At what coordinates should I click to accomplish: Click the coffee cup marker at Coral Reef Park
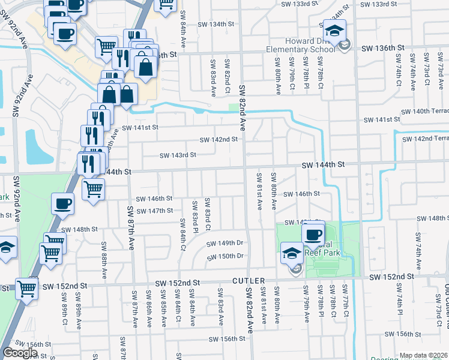[313, 234]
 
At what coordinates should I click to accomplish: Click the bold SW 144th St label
[323, 164]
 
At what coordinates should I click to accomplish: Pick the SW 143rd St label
[178, 155]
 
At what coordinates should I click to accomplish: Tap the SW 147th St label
[155, 211]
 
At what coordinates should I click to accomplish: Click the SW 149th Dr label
[224, 244]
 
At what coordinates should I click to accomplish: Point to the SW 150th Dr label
[224, 257]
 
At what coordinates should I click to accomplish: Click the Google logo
[20, 353]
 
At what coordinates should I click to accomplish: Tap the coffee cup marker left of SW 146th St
[64, 203]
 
